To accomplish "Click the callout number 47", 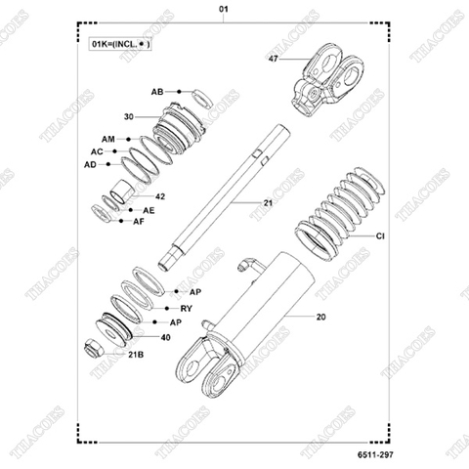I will (x=273, y=61).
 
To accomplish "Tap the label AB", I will (x=157, y=91).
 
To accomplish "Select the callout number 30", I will (x=128, y=116).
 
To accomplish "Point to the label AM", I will (x=107, y=140).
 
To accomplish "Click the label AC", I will (x=97, y=152).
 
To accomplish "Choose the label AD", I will (x=90, y=165).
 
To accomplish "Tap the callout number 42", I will (x=159, y=196).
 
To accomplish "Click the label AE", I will (x=149, y=210).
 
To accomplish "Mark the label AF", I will (x=139, y=222).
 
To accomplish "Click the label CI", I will (x=381, y=236).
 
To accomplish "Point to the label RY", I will (x=186, y=308).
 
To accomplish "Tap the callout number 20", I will (x=321, y=317).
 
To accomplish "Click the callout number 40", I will (x=165, y=337).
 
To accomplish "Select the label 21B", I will (x=137, y=355).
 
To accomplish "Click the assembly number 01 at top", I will (x=224, y=9).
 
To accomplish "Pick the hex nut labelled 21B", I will (x=96, y=347).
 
